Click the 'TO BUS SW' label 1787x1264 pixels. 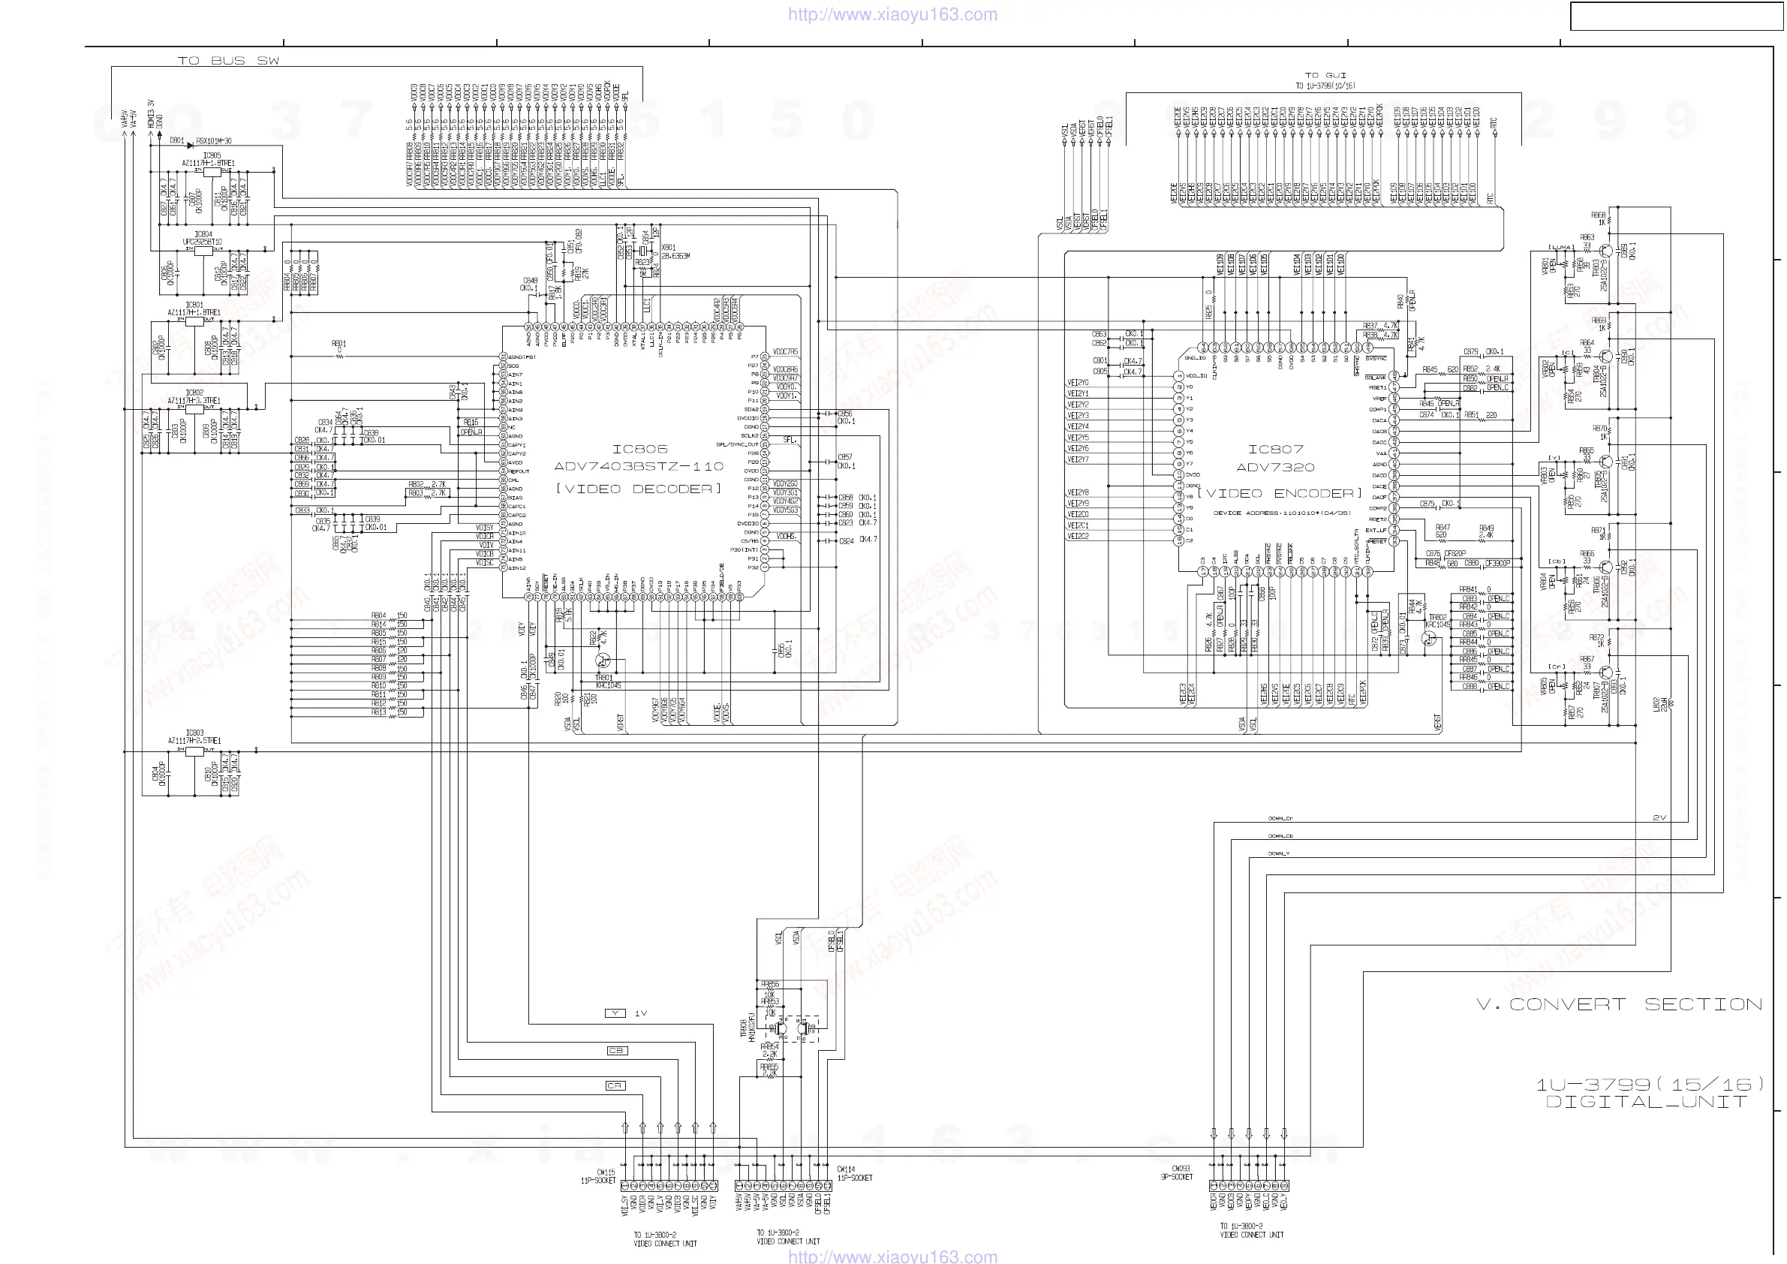pyautogui.click(x=228, y=61)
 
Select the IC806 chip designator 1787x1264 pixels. pyautogui.click(x=639, y=449)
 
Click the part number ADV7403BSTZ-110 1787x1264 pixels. pyautogui.click(x=638, y=466)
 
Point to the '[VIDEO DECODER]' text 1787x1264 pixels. pyautogui.click(x=638, y=489)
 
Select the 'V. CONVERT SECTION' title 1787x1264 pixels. pyautogui.click(x=1619, y=1005)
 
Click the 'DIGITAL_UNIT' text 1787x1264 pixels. pyautogui.click(x=1646, y=1102)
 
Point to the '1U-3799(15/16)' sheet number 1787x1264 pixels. pyautogui.click(x=1649, y=1084)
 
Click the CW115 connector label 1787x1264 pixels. pyautogui.click(x=606, y=1172)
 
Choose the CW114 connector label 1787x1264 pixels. pyautogui.click(x=846, y=1169)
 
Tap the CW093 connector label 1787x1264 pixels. pyautogui.click(x=1181, y=1168)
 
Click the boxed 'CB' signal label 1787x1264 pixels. pyautogui.click(x=615, y=1051)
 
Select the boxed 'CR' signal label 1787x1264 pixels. pyautogui.click(x=615, y=1086)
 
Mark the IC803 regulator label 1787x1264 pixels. pyautogui.click(x=194, y=733)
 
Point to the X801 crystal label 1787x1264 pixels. pyautogui.click(x=668, y=248)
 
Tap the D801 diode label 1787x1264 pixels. pyautogui.click(x=176, y=141)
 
